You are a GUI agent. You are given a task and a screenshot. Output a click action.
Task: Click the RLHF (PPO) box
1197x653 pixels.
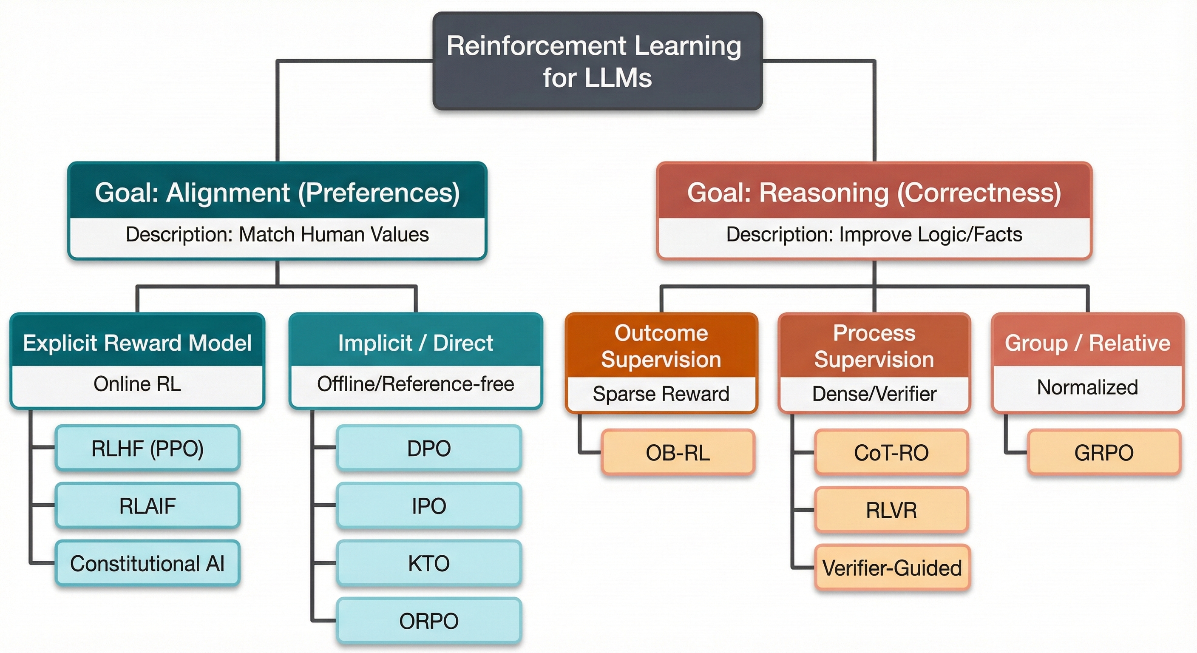[x=147, y=448]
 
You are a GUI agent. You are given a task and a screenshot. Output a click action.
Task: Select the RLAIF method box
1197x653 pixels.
[x=147, y=505]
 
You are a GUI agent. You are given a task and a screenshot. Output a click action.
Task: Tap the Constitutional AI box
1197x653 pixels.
[x=147, y=563]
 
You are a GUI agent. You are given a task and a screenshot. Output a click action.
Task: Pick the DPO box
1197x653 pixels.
[x=428, y=448]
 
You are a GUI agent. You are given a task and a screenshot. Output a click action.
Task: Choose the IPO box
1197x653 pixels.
[x=428, y=505]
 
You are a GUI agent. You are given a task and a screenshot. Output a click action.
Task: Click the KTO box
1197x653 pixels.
[x=428, y=563]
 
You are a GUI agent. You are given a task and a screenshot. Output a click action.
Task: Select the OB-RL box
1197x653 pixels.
[x=678, y=453]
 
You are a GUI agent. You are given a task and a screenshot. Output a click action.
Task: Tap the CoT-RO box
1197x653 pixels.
[x=891, y=453]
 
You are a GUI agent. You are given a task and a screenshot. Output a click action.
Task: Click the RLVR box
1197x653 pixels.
[x=891, y=510]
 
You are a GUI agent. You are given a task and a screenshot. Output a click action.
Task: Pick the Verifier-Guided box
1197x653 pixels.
[x=891, y=568]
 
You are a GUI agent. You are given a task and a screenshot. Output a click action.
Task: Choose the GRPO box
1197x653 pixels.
[x=1103, y=453]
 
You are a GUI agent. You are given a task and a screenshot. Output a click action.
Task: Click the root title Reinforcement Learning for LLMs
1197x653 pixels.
[x=597, y=61]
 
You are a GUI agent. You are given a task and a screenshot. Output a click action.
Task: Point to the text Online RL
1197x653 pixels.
[x=137, y=384]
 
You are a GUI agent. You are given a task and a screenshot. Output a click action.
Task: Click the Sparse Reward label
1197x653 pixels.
[x=661, y=394]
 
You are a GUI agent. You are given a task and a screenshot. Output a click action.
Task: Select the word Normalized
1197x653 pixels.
[x=1087, y=387]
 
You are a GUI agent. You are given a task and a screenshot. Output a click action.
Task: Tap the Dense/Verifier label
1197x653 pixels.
[x=874, y=394]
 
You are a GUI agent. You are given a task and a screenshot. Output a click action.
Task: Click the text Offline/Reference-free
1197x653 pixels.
[x=415, y=384]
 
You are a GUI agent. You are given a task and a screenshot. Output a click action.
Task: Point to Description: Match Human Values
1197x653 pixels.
[x=277, y=234]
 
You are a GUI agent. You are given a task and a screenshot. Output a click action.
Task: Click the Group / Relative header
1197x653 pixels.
[x=1087, y=343]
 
